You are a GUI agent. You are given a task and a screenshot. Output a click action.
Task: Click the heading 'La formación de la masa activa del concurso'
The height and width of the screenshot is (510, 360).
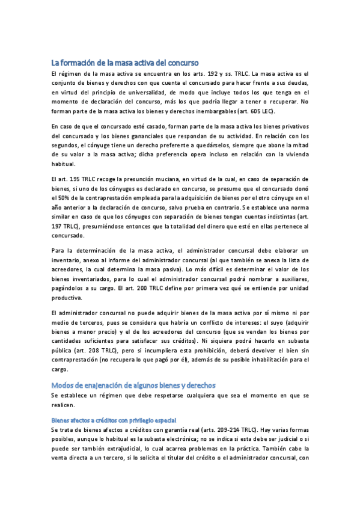pos(124,62)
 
